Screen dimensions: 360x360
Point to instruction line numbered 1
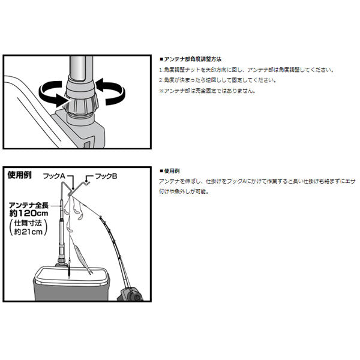[x=247, y=70]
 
